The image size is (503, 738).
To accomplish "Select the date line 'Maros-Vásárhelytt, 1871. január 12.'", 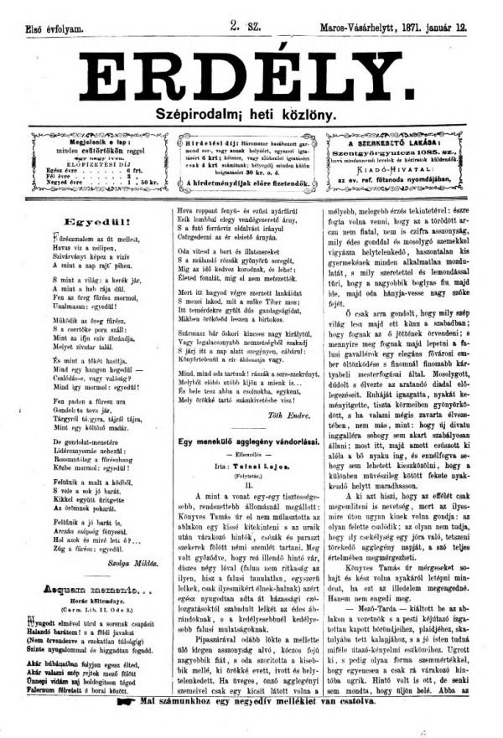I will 400,28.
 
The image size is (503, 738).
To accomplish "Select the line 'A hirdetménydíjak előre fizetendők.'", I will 251,178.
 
